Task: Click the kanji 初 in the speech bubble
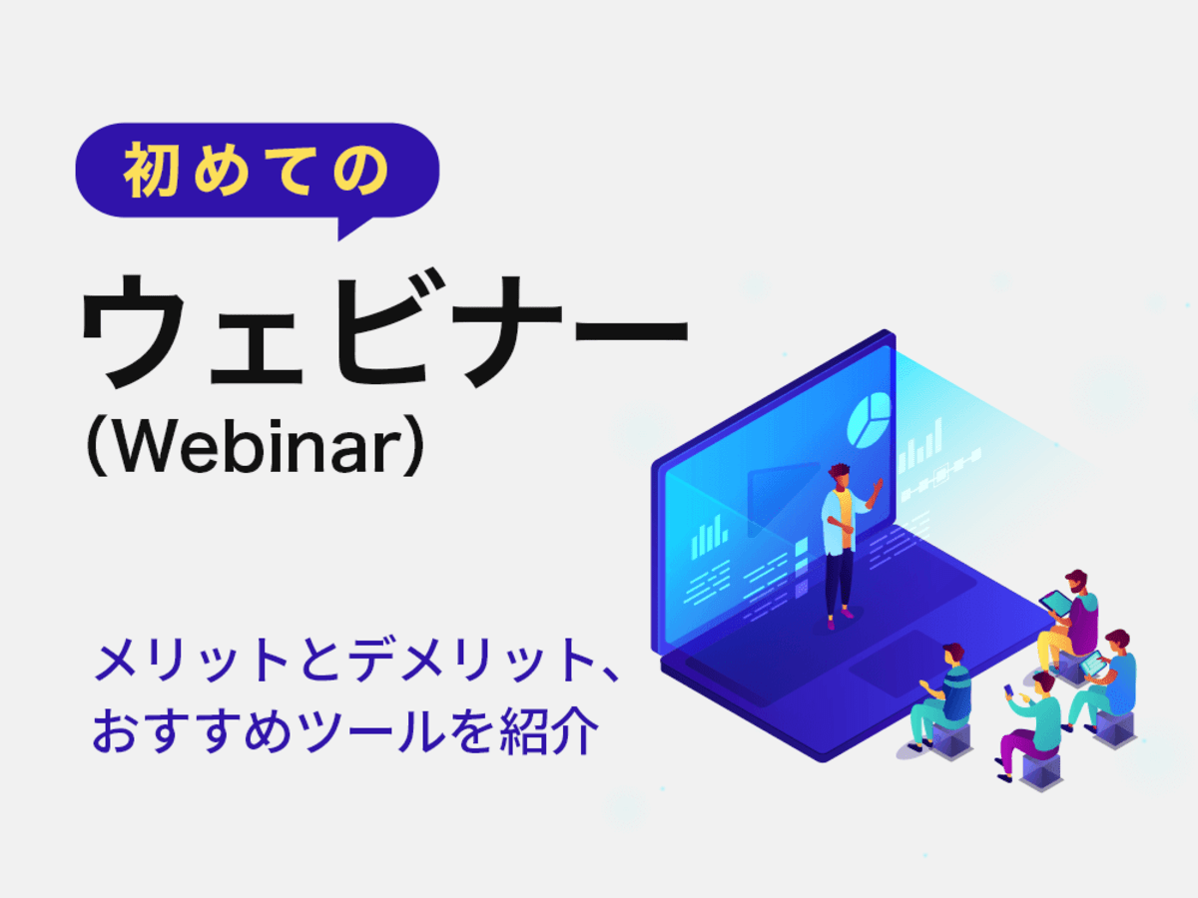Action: pos(151,170)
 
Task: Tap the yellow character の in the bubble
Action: pos(360,171)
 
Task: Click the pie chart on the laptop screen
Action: pos(869,421)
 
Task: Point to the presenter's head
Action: pos(839,476)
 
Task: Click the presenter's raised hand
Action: pos(879,485)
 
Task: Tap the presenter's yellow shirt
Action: pos(845,519)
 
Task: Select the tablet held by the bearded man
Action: pos(1055,603)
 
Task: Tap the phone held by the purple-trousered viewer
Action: pos(1009,689)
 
